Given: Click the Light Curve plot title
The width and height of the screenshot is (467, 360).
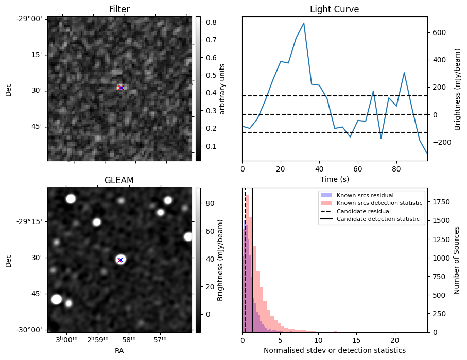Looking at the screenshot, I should tap(334, 10).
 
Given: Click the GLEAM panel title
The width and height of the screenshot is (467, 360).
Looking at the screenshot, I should tap(119, 180).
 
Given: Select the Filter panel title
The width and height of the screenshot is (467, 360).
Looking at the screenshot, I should tap(119, 10).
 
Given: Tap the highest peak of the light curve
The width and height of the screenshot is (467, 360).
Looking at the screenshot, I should tap(304, 23).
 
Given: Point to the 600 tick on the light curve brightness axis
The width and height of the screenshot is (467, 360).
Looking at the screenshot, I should tap(439, 32).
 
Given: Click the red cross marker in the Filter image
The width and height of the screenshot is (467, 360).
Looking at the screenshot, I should tap(121, 88).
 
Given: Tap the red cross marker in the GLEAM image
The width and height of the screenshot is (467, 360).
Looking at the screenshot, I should tap(120, 260).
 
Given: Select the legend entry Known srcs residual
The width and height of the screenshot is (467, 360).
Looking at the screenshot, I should tap(365, 195).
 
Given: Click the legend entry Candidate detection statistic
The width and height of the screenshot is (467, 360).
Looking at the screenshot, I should tap(378, 219).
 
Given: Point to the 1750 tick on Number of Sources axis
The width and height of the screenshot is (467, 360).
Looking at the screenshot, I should tap(441, 202).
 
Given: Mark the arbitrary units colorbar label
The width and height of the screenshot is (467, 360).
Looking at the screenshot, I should tap(222, 89).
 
